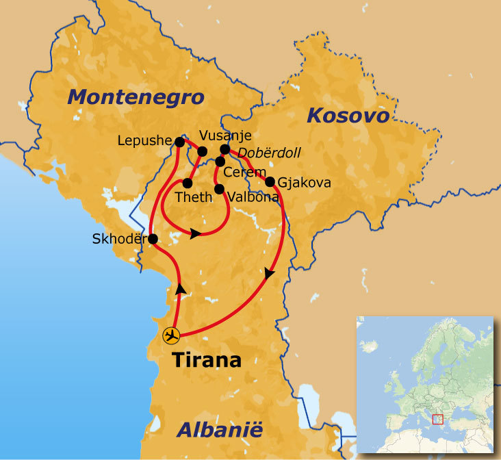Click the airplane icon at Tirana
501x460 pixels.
click(x=171, y=335)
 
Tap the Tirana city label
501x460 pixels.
click(x=207, y=359)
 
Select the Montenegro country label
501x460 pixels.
click(x=136, y=97)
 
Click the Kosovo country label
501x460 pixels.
click(x=348, y=115)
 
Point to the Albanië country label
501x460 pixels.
click(x=220, y=430)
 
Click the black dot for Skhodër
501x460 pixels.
click(x=153, y=239)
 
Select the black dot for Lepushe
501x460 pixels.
click(x=179, y=142)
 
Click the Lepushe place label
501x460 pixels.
click(x=144, y=141)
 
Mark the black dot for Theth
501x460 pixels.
click(x=187, y=183)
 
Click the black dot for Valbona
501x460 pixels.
click(x=219, y=188)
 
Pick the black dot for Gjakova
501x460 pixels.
click(x=270, y=182)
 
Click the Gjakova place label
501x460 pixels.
click(x=305, y=183)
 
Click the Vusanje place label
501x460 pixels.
click(x=225, y=135)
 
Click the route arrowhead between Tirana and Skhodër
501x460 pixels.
click(x=180, y=289)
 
